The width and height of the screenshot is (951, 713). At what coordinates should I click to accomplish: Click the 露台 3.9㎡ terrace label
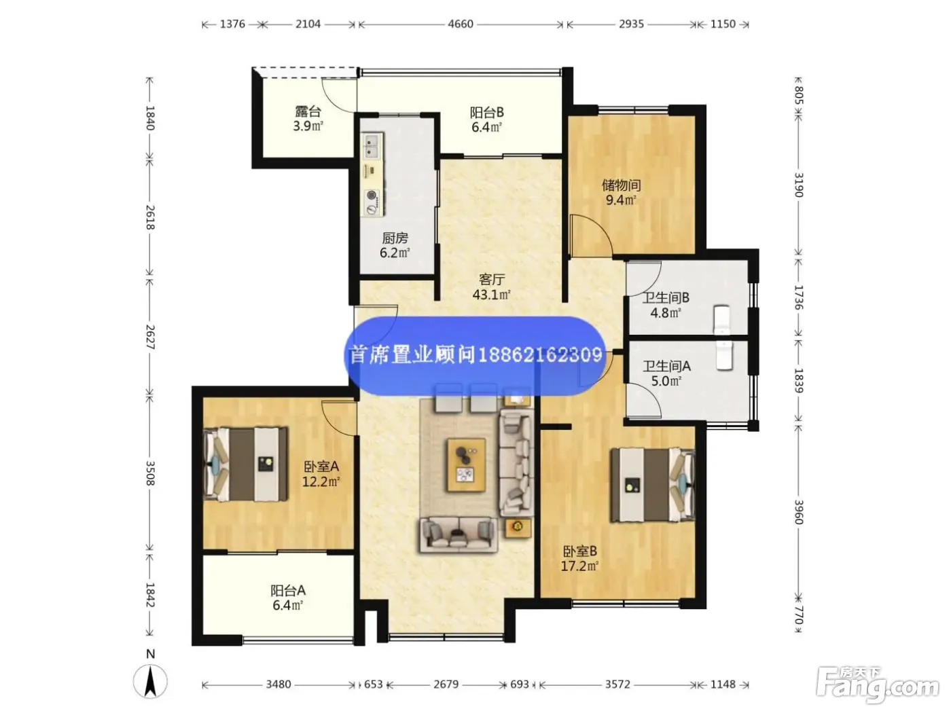pos(308,119)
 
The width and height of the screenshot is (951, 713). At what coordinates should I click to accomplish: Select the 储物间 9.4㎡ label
pos(621,193)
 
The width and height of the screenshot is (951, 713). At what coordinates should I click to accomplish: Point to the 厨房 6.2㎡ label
pos(395,245)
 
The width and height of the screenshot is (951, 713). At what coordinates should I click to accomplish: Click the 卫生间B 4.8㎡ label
pos(666,305)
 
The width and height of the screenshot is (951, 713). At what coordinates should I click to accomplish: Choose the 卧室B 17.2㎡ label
pos(579,559)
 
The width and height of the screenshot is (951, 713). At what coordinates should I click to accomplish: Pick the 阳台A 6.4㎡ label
pos(288,598)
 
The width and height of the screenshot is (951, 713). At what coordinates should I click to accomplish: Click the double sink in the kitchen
pos(372,145)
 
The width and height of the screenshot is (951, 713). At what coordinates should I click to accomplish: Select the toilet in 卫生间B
pos(722,320)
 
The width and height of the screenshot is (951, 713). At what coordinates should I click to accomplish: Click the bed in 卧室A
pos(246,464)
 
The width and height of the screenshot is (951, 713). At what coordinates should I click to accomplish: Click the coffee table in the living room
pos(466,464)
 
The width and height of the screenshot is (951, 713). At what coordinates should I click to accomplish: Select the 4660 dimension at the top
pos(460,24)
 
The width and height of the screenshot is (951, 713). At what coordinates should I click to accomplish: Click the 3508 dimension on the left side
pos(150,473)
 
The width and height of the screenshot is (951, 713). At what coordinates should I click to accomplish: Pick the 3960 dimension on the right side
pos(798,512)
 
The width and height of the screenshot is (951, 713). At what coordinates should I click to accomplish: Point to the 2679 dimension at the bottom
pos(446,684)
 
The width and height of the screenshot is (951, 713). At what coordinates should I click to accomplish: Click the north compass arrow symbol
pos(150,682)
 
